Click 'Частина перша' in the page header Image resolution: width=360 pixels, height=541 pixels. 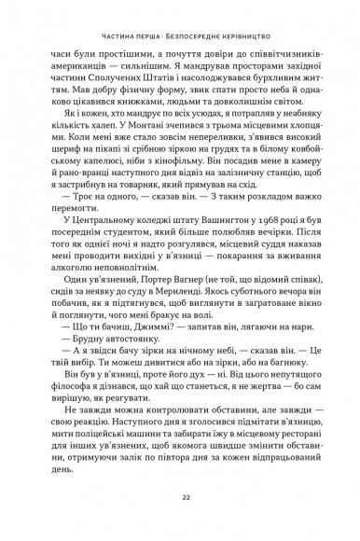[x=116, y=27]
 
